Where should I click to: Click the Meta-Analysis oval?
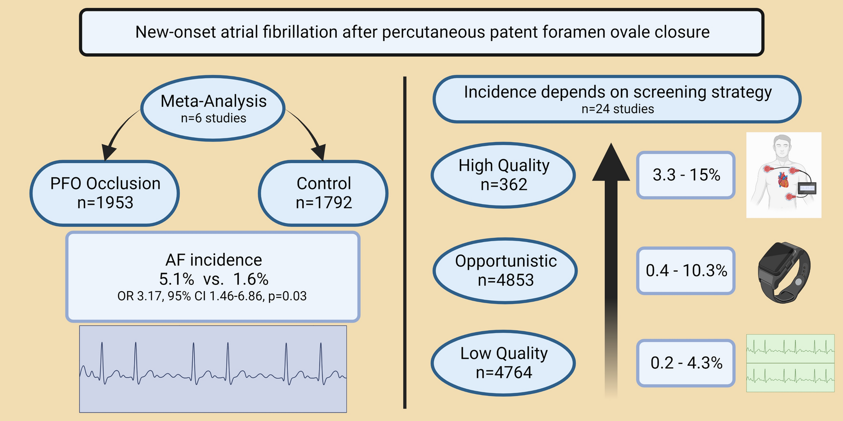pyautogui.click(x=213, y=108)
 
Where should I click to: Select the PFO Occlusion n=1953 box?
pyautogui.click(x=105, y=193)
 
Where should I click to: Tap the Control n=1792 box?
pyautogui.click(x=323, y=193)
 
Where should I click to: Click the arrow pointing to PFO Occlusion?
pyautogui.click(x=119, y=134)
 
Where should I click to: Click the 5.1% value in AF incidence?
pyautogui.click(x=177, y=279)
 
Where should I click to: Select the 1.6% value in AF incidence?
pyautogui.click(x=251, y=279)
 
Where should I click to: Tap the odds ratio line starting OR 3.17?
pyautogui.click(x=212, y=296)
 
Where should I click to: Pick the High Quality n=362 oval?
pyautogui.click(x=504, y=175)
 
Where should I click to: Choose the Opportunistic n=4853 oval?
pyautogui.click(x=506, y=271)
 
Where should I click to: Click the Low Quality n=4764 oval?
pyautogui.click(x=504, y=363)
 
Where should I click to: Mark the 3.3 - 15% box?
pyautogui.click(x=686, y=175)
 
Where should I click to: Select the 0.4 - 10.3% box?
pyautogui.click(x=686, y=271)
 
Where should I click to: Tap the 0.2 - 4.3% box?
pyautogui.click(x=686, y=363)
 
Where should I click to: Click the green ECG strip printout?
pyautogui.click(x=790, y=363)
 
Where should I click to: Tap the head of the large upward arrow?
pyautogui.click(x=611, y=162)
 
